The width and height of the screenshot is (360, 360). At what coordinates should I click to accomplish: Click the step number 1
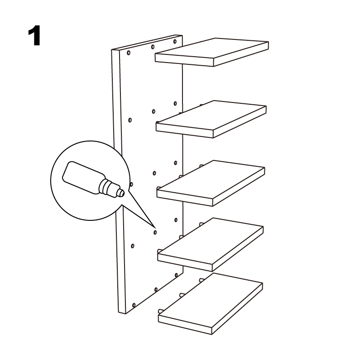click(34, 36)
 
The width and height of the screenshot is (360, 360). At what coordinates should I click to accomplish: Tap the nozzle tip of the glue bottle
click(123, 193)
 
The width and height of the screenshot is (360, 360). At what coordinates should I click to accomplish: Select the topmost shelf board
click(211, 52)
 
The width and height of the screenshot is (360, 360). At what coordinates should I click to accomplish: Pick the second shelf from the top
click(211, 119)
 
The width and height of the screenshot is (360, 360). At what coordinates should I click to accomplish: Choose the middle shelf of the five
click(211, 183)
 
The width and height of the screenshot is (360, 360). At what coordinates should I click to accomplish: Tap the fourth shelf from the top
click(210, 244)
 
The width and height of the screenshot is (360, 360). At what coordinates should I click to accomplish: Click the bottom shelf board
click(210, 303)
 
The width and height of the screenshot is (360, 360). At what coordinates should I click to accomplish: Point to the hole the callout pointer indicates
click(155, 233)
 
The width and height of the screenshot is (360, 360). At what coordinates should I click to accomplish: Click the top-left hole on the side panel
click(129, 53)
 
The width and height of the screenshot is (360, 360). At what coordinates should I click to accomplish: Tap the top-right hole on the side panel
click(175, 42)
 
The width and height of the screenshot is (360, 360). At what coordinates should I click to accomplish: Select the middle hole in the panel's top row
click(153, 47)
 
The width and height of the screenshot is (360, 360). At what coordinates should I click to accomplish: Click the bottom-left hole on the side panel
click(134, 305)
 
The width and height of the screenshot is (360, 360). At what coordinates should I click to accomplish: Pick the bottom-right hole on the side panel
click(176, 275)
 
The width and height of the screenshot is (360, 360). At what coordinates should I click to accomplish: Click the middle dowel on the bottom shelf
click(182, 295)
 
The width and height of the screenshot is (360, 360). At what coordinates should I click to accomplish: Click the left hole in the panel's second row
click(130, 120)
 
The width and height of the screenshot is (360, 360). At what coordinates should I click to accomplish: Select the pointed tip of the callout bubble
click(154, 226)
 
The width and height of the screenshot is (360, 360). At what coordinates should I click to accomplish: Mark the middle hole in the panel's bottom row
click(156, 290)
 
